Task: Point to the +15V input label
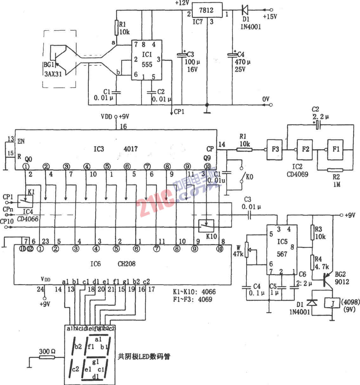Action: (x=270, y=16)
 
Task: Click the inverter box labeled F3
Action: (x=275, y=149)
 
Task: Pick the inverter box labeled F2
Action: (x=305, y=149)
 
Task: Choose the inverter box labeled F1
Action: (x=336, y=149)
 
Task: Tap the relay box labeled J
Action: (x=332, y=304)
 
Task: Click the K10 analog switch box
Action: (x=206, y=225)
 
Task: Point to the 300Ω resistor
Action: (x=47, y=357)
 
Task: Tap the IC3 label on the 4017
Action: (x=98, y=148)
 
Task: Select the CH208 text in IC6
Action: (x=127, y=264)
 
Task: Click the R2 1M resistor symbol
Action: (x=336, y=170)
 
